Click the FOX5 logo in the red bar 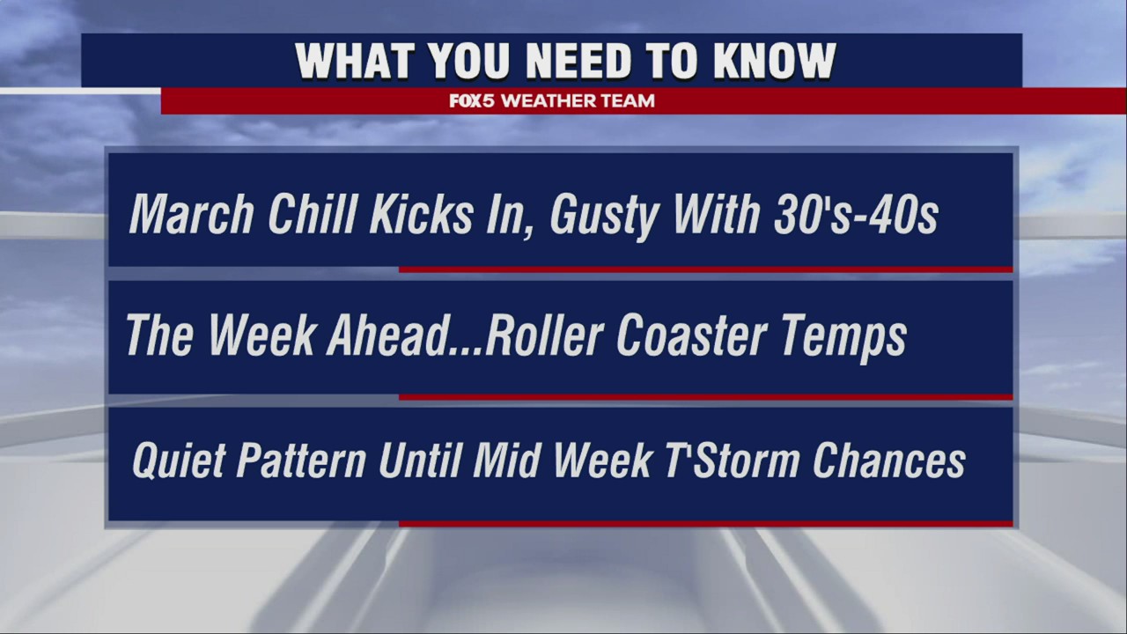click(473, 101)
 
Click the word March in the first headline click(192, 214)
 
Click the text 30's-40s click(855, 214)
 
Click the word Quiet click(179, 461)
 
